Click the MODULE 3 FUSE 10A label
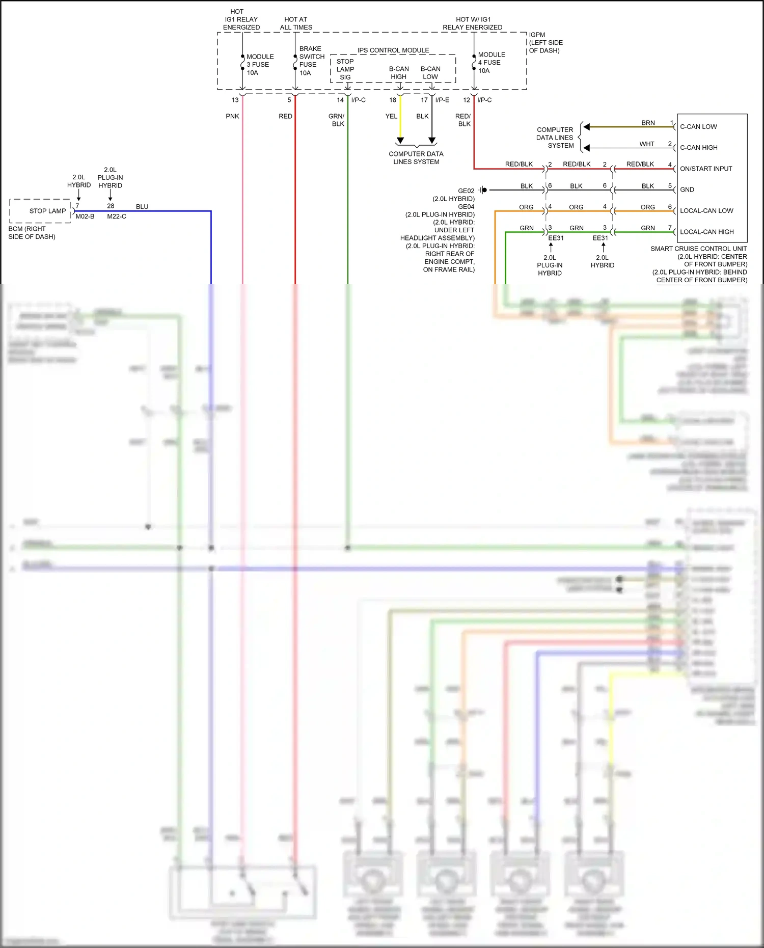tap(260, 65)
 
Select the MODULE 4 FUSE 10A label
tap(491, 63)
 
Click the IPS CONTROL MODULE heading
tap(393, 50)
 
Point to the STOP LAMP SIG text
tap(345, 69)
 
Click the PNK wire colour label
tap(232, 116)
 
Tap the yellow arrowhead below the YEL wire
tap(400, 141)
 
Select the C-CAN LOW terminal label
tap(698, 127)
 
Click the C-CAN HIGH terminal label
tap(698, 148)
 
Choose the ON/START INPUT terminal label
tap(705, 169)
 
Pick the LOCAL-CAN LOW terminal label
tap(706, 211)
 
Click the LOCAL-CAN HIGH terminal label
tap(706, 232)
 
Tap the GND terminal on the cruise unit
tap(687, 189)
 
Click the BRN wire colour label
tap(648, 123)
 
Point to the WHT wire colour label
tap(647, 144)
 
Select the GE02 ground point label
tap(466, 191)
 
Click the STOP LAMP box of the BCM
tap(47, 211)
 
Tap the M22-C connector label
tap(117, 216)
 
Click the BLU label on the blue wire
tap(142, 207)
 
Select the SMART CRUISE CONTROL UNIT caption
tap(698, 249)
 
